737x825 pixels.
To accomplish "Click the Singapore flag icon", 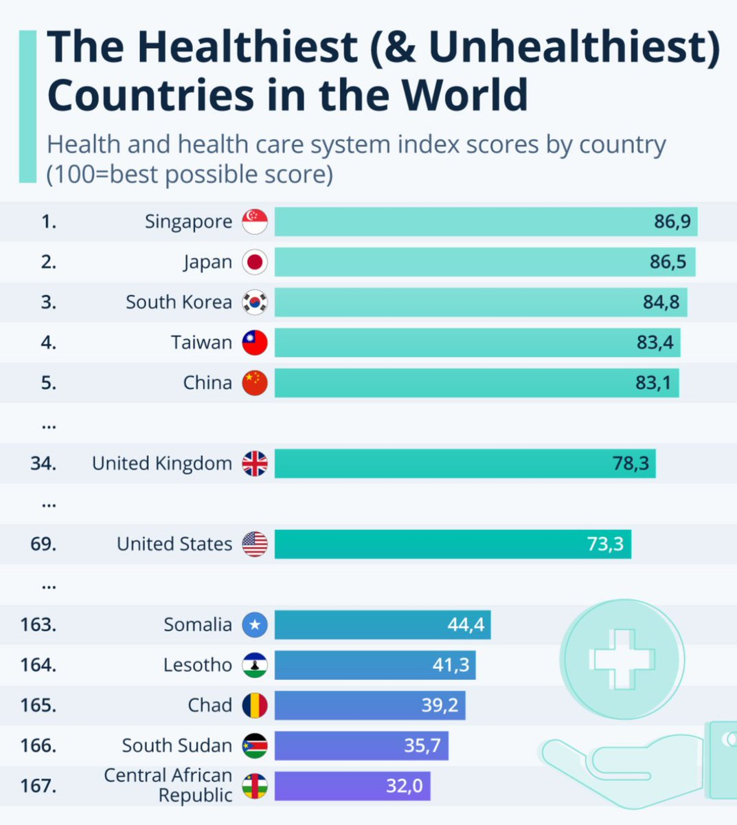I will click(255, 222).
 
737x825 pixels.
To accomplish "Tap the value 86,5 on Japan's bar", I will click(668, 262).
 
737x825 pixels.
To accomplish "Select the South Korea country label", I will click(179, 302).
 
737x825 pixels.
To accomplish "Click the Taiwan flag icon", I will click(255, 342).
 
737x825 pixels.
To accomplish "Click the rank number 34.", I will click(43, 463).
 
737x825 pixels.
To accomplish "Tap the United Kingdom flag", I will click(255, 464).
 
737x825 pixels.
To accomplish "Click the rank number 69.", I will click(43, 544).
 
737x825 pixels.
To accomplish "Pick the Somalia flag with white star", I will click(255, 625).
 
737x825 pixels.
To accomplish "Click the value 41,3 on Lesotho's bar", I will click(451, 665).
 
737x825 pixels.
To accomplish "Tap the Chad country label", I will click(209, 705).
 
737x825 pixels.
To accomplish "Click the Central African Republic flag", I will click(255, 786).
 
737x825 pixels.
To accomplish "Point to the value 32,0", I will click(405, 785).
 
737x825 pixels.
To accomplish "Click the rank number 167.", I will click(38, 785).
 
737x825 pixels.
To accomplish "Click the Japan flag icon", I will click(255, 262).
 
